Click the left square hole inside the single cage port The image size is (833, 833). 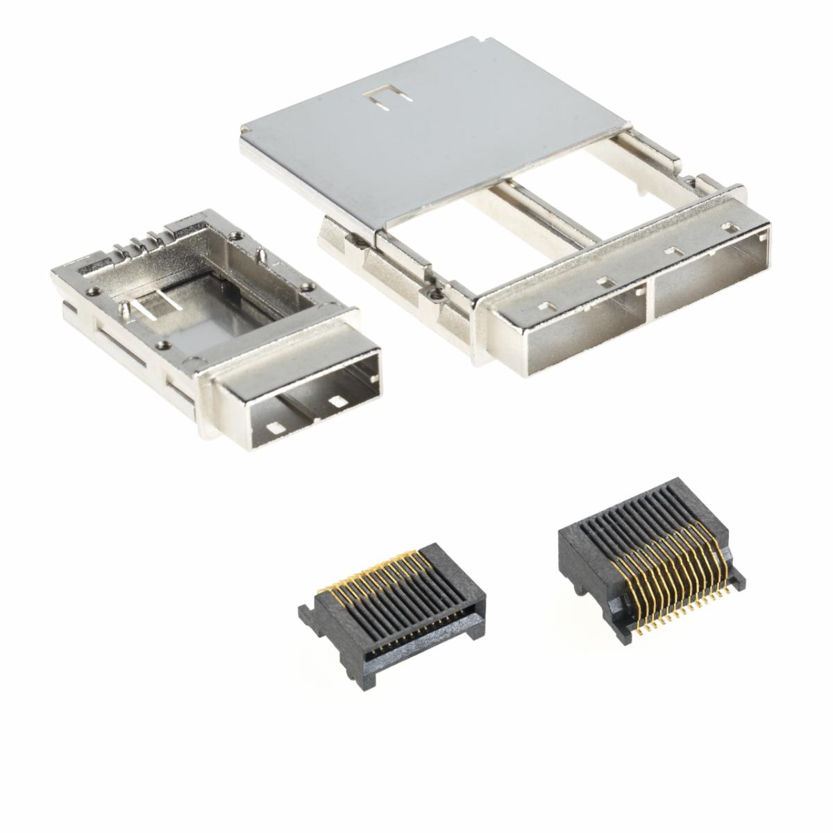[276, 428]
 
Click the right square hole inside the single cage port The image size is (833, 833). [339, 402]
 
